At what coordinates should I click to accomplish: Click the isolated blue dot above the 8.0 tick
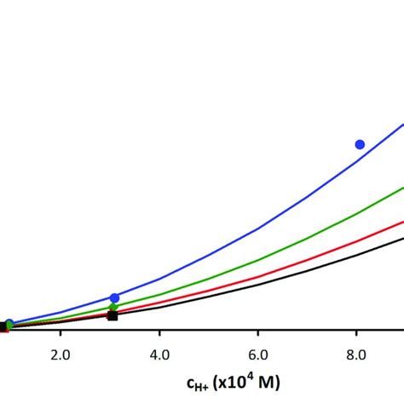(360, 144)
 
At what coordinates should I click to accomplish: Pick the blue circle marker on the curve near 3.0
(114, 297)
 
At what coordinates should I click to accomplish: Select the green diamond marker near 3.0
(113, 307)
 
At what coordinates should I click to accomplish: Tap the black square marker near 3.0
(113, 315)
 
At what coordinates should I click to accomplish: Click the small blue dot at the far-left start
(9, 324)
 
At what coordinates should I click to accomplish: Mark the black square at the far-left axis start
(3, 326)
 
